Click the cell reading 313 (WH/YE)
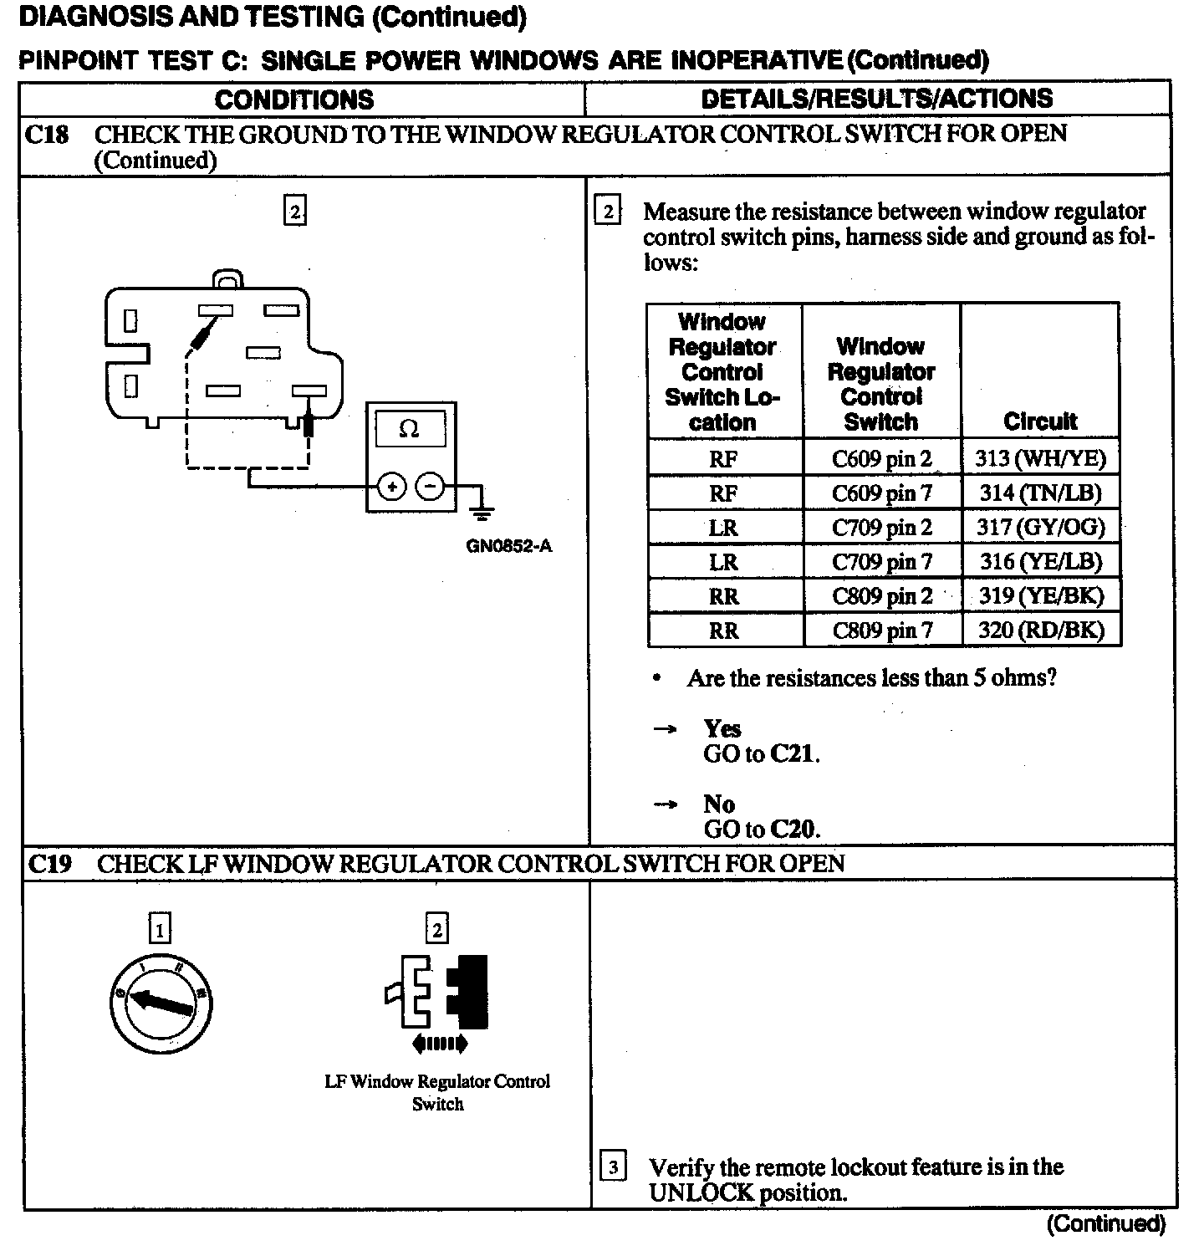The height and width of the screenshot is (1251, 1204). (1040, 458)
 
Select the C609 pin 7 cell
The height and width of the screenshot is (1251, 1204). (881, 493)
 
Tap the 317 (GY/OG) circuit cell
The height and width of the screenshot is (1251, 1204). (1040, 528)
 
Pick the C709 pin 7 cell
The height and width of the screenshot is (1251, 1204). (881, 562)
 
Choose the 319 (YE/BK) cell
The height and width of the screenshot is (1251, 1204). (1040, 596)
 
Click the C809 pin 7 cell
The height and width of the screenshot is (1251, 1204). (881, 631)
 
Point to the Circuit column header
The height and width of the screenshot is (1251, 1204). (1040, 421)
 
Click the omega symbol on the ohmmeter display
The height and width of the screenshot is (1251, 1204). (409, 429)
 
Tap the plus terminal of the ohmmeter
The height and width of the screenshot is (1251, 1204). (392, 486)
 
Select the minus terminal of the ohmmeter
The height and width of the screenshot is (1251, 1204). (431, 486)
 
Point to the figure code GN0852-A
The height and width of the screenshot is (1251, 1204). (509, 547)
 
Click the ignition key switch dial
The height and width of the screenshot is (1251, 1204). (161, 999)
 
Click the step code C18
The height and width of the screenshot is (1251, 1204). (47, 135)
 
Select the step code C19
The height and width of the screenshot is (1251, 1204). (49, 864)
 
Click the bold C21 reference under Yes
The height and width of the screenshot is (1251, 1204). (792, 754)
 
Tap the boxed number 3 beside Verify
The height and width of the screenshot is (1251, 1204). (613, 1167)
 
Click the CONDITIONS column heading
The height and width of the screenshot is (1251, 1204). (294, 100)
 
